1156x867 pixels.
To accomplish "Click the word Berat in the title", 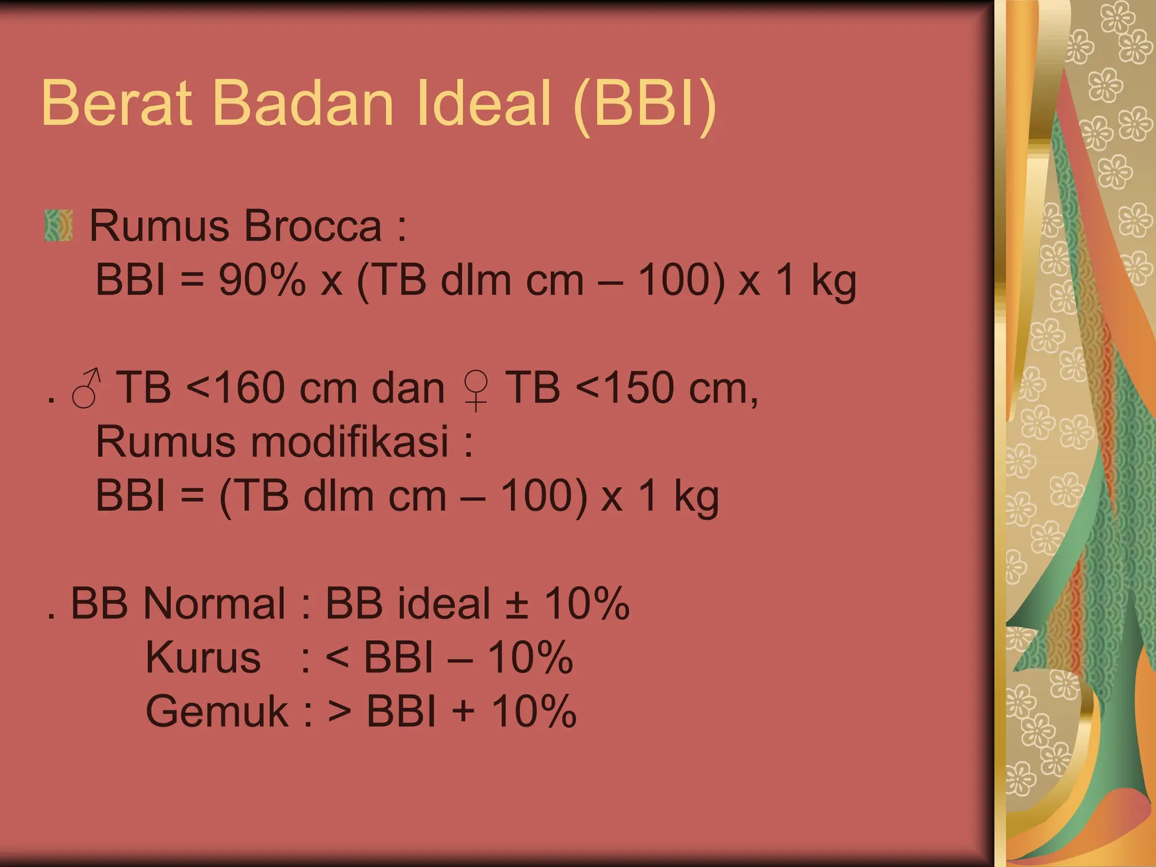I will [x=116, y=103].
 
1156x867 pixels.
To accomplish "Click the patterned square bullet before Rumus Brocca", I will [x=59, y=226].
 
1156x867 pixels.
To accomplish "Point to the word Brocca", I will [x=313, y=226].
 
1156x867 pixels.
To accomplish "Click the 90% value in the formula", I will [x=262, y=280].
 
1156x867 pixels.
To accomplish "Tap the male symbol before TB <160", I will [x=86, y=389].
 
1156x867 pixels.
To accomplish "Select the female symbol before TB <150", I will [x=476, y=390].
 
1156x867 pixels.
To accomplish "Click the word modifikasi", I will [x=349, y=441].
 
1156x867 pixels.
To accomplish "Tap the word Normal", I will [x=214, y=603].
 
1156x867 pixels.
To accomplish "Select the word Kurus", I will [x=203, y=657].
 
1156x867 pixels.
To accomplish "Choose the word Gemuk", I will [x=217, y=711].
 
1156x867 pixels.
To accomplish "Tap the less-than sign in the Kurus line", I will [x=338, y=658].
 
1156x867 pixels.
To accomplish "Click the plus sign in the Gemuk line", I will [x=463, y=711].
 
